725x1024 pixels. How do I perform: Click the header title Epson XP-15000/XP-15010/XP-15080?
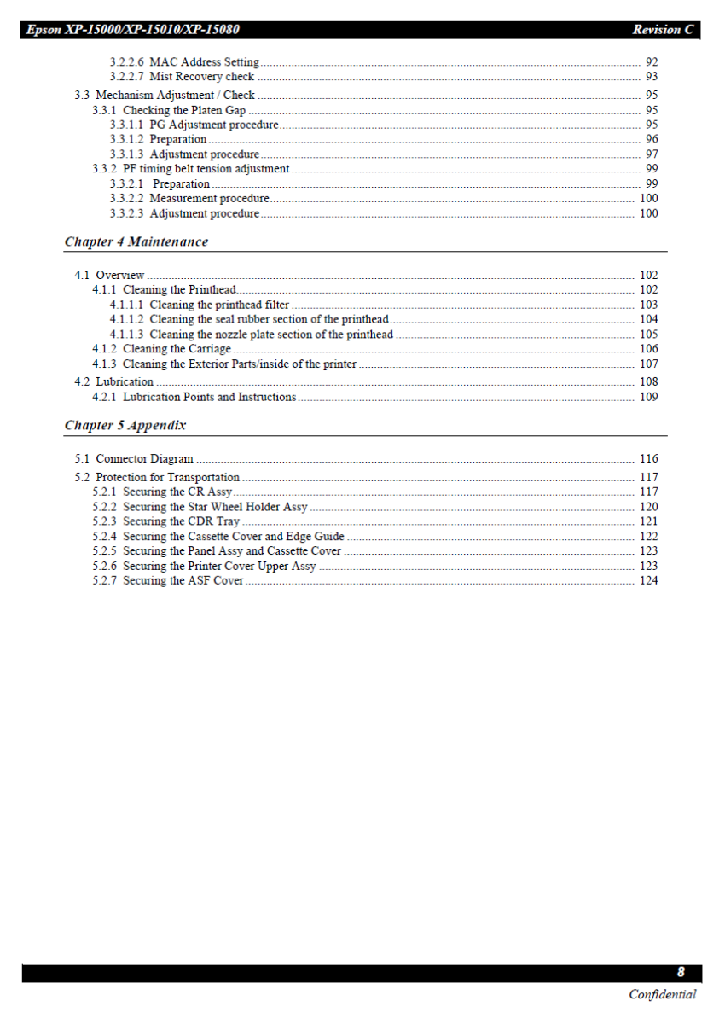132,30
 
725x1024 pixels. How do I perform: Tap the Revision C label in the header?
663,30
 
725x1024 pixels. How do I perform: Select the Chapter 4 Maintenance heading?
136,241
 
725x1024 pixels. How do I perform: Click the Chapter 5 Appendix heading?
125,425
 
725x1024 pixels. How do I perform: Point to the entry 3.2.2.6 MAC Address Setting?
184,62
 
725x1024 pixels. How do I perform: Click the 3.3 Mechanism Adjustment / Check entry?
165,96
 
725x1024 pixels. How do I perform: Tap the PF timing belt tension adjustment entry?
190,169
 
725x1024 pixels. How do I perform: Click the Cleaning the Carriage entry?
161,349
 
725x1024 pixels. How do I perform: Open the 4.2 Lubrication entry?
114,382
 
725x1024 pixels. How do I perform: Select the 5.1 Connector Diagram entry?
134,459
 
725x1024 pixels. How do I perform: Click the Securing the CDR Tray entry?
166,521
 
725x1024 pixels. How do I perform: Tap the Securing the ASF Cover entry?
168,581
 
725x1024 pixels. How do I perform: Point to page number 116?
649,459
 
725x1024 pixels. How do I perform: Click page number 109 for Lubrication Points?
649,397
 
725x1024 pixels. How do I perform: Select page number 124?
649,581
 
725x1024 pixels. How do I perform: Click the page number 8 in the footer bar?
681,972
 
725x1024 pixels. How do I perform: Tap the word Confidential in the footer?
662,994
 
